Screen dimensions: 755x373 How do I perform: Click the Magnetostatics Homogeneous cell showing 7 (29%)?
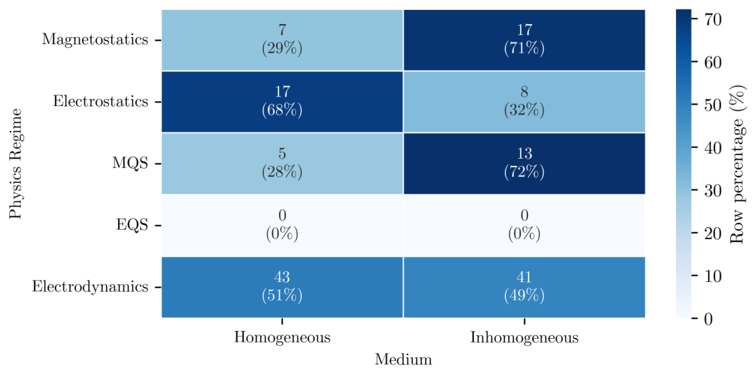(x=282, y=40)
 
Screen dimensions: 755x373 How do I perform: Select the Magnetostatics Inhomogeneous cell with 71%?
(x=524, y=40)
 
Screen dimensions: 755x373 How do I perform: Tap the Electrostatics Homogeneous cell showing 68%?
(x=282, y=102)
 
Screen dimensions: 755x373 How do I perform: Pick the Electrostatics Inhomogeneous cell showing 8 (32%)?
(x=524, y=102)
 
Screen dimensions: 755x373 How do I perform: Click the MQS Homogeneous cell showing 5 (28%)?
(x=282, y=164)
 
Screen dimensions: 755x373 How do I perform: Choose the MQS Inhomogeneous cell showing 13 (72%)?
(x=524, y=164)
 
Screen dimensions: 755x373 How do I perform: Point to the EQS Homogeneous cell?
(x=282, y=225)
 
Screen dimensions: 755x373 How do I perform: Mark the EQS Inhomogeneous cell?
(x=524, y=225)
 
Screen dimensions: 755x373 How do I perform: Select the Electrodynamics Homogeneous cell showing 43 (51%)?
(x=282, y=287)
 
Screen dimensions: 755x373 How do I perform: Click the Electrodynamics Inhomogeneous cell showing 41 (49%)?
(x=524, y=287)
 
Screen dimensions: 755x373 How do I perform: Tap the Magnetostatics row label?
(x=95, y=40)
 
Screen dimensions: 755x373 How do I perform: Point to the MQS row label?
(x=130, y=164)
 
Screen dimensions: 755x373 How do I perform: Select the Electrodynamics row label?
(x=90, y=287)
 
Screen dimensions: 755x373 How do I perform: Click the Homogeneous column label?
(x=283, y=337)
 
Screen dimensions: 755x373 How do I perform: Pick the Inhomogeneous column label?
(x=524, y=337)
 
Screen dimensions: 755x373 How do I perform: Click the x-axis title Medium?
(x=403, y=359)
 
